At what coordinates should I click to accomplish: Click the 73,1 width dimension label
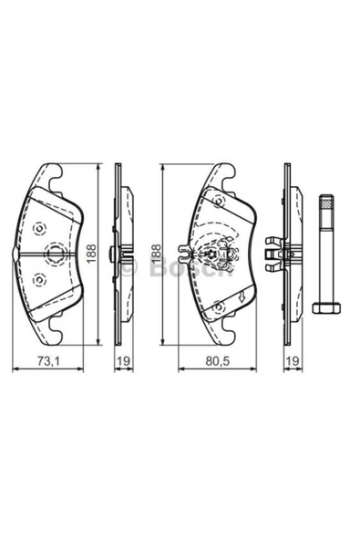click(46, 362)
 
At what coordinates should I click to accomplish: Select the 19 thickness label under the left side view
click(121, 362)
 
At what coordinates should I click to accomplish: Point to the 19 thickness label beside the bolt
click(291, 362)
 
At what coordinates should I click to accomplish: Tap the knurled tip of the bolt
click(325, 205)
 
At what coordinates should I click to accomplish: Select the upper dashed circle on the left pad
click(38, 229)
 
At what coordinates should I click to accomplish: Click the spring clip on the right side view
click(272, 254)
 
